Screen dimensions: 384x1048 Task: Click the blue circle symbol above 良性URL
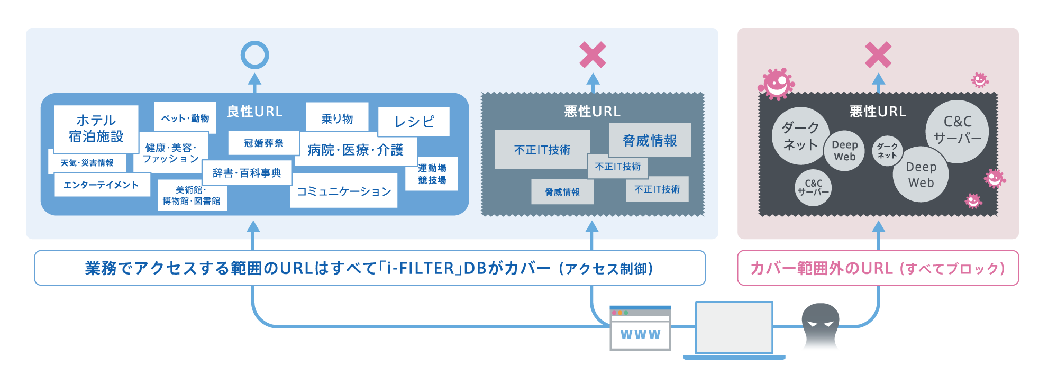point(254,55)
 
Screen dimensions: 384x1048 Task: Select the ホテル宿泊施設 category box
point(96,129)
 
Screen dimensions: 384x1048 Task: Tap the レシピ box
point(414,122)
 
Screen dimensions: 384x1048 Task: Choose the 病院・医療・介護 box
point(356,150)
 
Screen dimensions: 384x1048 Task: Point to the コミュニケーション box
point(343,191)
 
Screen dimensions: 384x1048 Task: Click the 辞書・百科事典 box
point(247,173)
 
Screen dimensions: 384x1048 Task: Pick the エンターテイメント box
point(101,185)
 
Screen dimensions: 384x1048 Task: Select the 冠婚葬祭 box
point(263,143)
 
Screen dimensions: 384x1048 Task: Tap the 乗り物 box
point(337,118)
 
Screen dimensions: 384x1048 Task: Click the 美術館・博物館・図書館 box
point(191,195)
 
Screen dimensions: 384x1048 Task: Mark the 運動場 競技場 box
point(432,174)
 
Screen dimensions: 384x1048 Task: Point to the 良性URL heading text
point(254,112)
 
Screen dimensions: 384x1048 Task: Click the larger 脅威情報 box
point(650,140)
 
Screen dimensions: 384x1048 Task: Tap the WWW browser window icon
point(640,328)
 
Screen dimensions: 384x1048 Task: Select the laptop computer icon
point(734,330)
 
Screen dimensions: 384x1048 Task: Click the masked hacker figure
point(820,327)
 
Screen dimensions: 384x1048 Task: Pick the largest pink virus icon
point(776,84)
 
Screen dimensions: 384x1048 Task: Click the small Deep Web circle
point(844,150)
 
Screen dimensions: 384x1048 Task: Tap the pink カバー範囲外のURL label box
point(878,268)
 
